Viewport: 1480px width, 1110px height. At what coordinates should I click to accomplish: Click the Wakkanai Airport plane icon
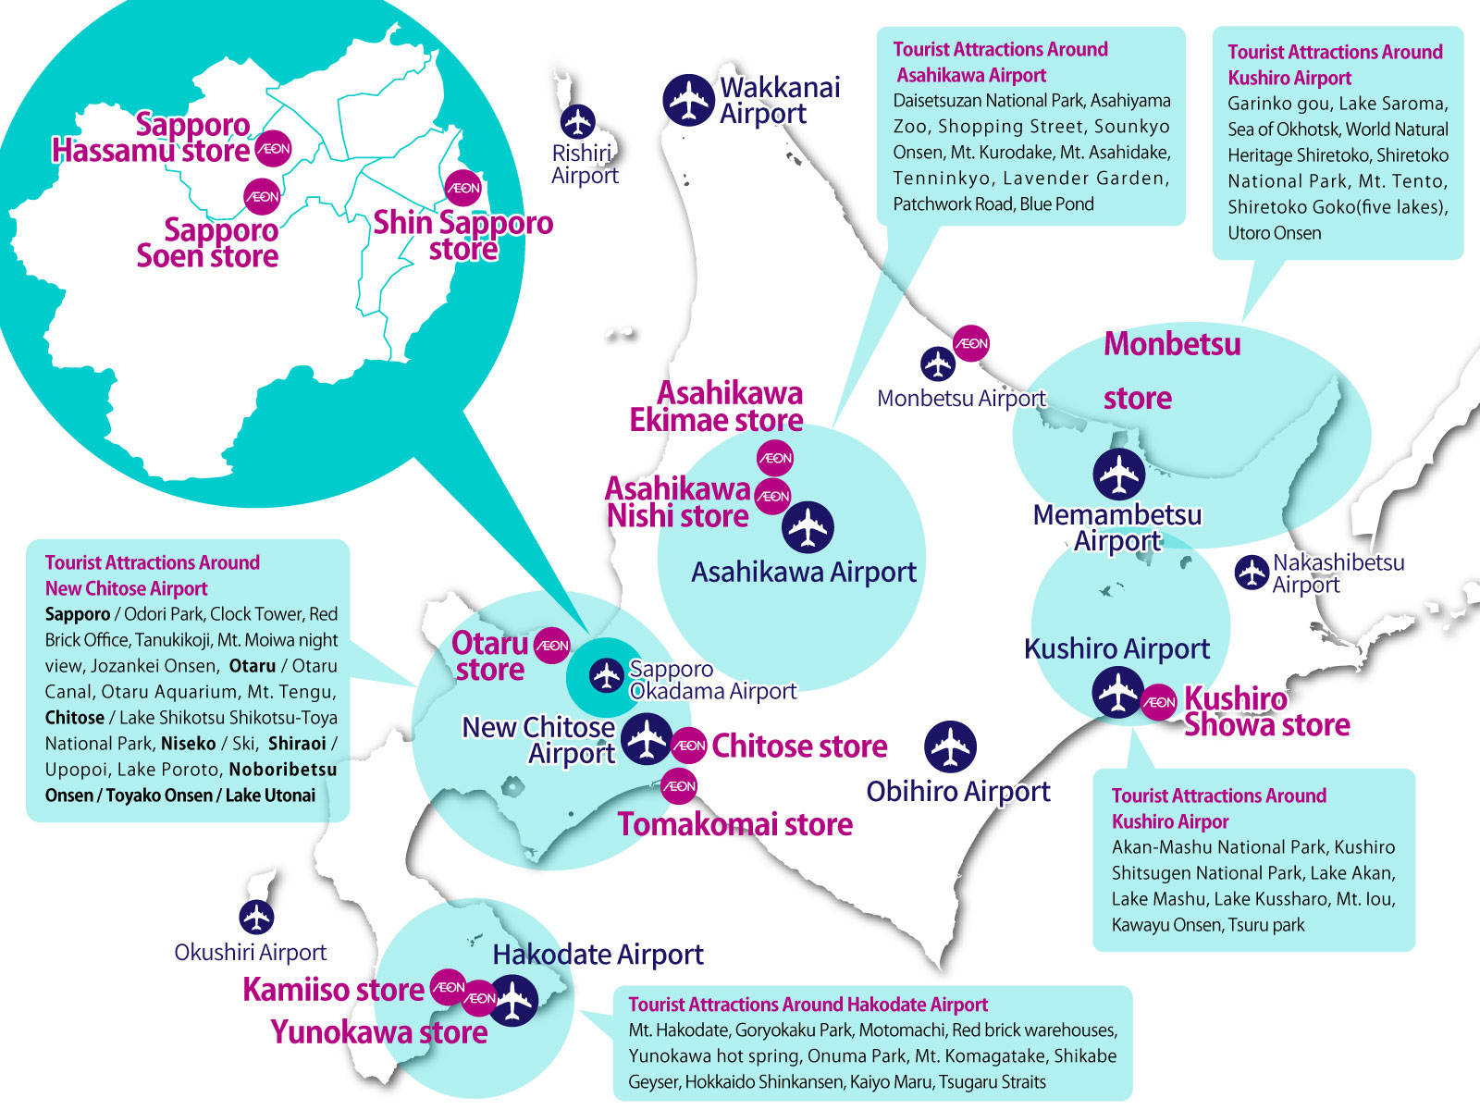coord(689,99)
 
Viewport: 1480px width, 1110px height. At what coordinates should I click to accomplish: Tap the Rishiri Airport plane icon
coord(578,121)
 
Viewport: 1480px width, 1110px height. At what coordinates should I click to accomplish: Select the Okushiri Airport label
coord(250,952)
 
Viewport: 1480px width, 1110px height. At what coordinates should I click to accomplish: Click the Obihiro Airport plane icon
coord(950,746)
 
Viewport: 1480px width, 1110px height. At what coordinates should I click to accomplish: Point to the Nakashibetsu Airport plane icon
coord(1252,573)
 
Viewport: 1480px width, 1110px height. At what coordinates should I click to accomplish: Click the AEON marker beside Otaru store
coord(553,646)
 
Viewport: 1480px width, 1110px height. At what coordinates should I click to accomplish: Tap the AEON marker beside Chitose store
coord(689,746)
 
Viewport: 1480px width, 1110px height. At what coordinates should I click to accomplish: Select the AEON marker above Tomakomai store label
coord(680,786)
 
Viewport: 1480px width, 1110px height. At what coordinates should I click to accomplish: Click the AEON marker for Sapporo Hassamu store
coord(274,148)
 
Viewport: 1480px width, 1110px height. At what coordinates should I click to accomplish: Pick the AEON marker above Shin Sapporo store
coord(463,188)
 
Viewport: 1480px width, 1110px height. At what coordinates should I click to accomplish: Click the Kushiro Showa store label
coord(1265,712)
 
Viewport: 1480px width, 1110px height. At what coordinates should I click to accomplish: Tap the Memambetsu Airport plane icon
coord(1119,475)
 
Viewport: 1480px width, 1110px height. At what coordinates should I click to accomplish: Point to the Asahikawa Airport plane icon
coord(808,528)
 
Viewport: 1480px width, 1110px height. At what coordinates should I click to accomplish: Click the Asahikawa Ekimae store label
coord(717,407)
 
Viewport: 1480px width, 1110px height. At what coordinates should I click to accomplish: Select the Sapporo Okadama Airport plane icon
coord(607,675)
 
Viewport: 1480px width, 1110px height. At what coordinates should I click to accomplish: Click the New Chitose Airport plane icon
coord(646,739)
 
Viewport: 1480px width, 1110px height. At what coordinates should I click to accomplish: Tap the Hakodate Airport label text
coord(598,954)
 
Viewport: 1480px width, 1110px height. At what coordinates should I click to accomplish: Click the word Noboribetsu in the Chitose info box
coord(283,770)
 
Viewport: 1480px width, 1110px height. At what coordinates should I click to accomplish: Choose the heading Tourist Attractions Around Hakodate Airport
coord(808,1005)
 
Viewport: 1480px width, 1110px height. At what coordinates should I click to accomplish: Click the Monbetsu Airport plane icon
coord(938,364)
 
